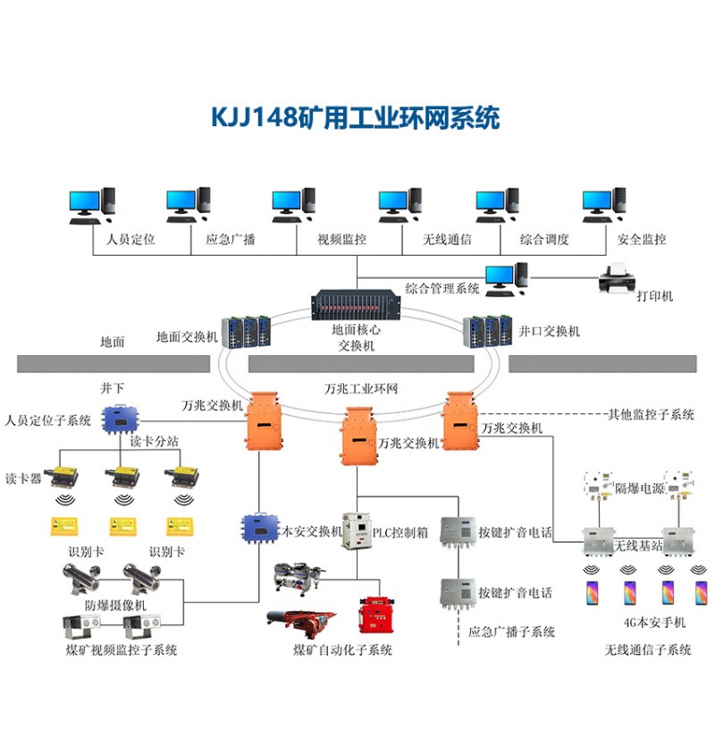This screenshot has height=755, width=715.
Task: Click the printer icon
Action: [617, 278]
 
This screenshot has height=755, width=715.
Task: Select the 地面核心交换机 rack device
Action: [356, 305]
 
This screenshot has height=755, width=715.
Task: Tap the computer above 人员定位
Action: [92, 205]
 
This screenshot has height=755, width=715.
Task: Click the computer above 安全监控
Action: [604, 205]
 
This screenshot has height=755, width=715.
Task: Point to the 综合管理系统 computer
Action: [507, 280]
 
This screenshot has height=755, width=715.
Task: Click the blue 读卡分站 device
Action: [120, 419]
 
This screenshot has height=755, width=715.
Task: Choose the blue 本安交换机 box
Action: [260, 530]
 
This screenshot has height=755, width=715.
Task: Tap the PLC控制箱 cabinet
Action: [357, 531]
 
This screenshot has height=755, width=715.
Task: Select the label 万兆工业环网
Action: [361, 388]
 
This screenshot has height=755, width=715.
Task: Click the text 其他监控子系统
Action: [651, 414]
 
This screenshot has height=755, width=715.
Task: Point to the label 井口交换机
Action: [549, 331]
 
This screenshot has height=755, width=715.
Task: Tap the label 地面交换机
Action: [187, 336]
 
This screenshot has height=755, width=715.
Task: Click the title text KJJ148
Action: [255, 117]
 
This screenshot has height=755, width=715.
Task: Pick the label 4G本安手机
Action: [654, 623]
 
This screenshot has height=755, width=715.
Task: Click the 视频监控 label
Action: [341, 240]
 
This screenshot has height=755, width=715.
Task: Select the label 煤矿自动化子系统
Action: [342, 649]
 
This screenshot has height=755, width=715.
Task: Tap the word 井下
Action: [113, 388]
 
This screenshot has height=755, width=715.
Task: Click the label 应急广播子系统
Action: [511, 632]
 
